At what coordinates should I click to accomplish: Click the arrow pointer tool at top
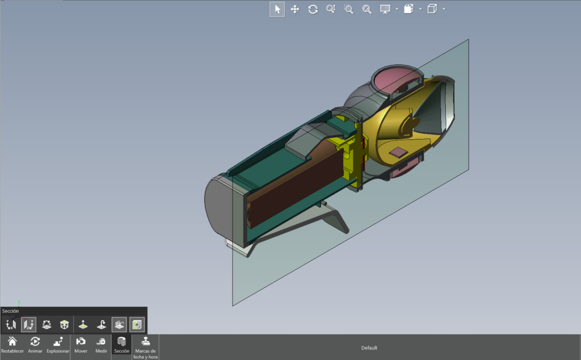tap(277, 9)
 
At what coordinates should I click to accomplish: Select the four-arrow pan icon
tap(295, 9)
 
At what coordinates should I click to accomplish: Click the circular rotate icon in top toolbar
tap(313, 9)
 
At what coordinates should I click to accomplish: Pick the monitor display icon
tap(385, 9)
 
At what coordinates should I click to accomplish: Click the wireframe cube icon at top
tap(432, 9)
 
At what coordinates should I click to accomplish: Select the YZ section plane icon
tap(29, 325)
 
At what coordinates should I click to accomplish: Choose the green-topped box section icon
tap(65, 325)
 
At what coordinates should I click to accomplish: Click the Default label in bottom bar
tap(369, 348)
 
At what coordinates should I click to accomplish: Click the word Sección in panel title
tap(10, 311)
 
